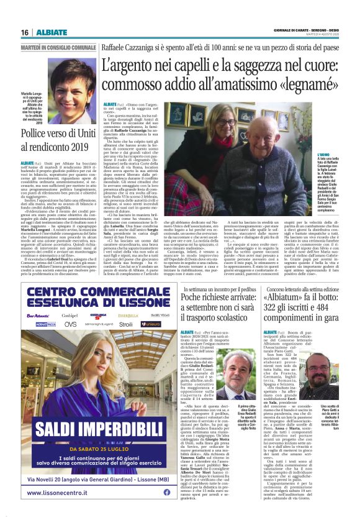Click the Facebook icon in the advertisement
[x=166, y=492]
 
